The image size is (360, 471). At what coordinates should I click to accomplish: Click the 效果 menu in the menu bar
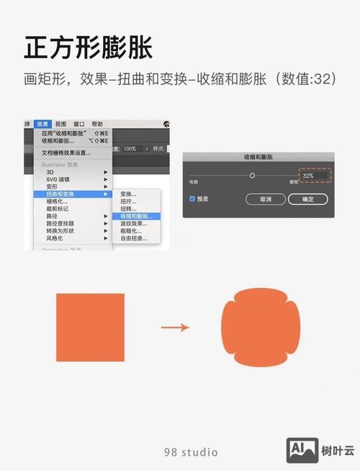[x=43, y=124]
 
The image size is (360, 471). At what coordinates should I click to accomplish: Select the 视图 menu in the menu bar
[x=60, y=124]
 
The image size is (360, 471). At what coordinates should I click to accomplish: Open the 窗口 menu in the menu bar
[x=79, y=124]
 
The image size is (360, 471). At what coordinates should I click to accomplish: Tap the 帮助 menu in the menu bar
[x=97, y=124]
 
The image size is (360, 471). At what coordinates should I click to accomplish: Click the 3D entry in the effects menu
[x=50, y=172]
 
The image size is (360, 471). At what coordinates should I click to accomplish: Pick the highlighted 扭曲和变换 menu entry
[x=60, y=194]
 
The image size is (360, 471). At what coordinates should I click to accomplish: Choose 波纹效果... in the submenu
[x=133, y=223]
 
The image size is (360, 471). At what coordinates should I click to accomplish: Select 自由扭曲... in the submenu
[x=133, y=238]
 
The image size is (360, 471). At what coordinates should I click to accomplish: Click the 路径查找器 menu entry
[x=60, y=223]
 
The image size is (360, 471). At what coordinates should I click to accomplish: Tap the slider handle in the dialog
[x=252, y=176]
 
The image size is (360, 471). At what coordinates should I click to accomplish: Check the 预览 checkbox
[x=192, y=198]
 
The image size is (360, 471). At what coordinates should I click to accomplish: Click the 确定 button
[x=308, y=199]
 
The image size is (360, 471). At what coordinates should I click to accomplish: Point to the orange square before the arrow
[x=90, y=327]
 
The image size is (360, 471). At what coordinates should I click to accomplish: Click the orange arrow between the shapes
[x=174, y=328]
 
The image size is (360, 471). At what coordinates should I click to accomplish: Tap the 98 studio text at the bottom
[x=191, y=452]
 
